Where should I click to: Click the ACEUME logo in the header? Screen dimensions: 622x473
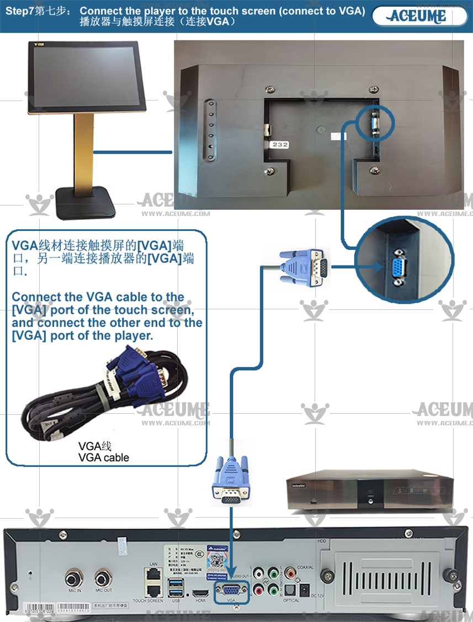coord(418,16)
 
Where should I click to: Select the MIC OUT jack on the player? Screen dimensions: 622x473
coord(103,579)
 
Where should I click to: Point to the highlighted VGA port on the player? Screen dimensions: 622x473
coord(231,590)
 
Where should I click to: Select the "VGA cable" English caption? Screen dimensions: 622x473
coord(104,457)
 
